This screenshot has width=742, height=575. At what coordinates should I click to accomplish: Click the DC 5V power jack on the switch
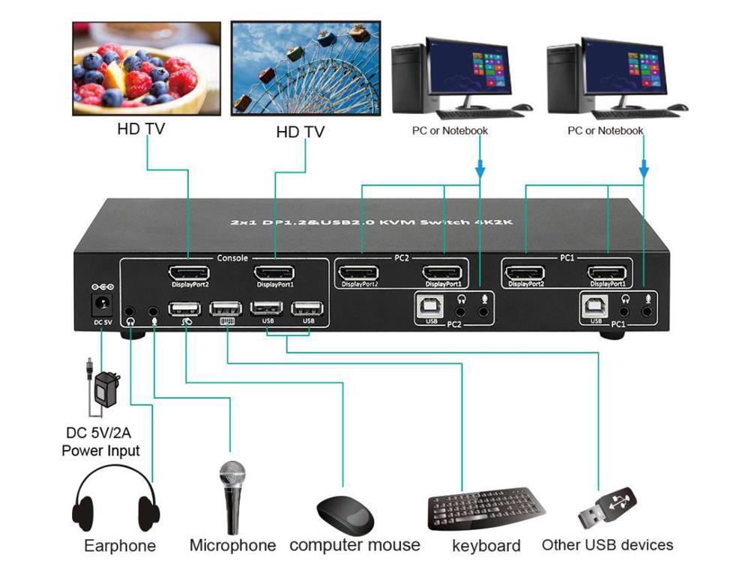click(x=99, y=305)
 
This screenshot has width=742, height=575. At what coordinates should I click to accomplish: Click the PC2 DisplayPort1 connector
click(x=444, y=274)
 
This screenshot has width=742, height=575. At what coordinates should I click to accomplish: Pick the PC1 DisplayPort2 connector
click(x=525, y=274)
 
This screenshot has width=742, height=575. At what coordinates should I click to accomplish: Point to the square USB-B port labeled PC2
click(x=432, y=305)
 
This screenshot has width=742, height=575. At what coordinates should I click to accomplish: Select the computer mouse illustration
click(x=346, y=512)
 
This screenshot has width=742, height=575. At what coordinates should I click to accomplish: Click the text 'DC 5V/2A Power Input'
click(x=100, y=441)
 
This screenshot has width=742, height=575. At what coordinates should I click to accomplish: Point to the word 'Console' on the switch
click(x=232, y=258)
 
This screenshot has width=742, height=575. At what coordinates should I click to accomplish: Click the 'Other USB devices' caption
click(x=607, y=544)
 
